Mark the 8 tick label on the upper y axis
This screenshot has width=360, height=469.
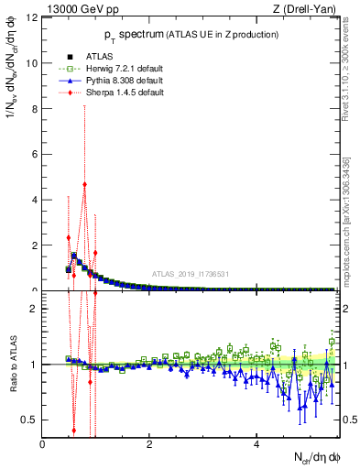pos(34,109)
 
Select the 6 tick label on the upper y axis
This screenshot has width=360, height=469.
pos(34,155)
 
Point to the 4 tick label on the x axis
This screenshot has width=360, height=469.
pos(256,444)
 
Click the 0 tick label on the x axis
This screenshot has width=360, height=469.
pos(42,444)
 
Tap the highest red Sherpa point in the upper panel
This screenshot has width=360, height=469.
pos(84,183)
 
